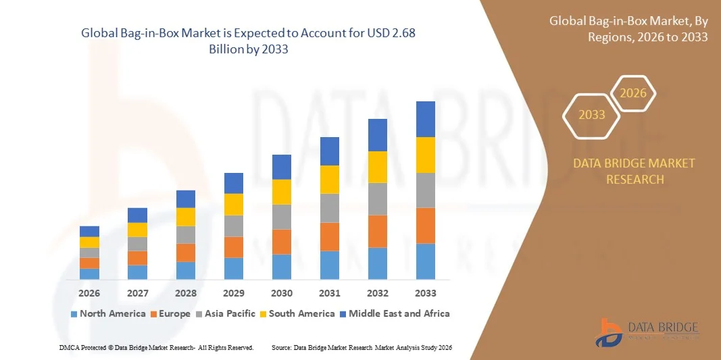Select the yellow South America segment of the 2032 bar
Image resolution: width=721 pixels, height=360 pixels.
click(377, 167)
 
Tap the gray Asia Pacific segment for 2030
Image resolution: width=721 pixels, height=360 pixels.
click(281, 217)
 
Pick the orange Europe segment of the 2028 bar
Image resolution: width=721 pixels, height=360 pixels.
click(185, 253)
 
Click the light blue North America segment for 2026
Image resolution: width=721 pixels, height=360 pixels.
click(89, 274)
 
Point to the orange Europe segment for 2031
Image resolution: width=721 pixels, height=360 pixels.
click(329, 236)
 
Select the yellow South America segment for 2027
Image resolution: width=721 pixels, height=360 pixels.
click(137, 230)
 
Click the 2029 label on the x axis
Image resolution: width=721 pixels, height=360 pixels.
click(233, 293)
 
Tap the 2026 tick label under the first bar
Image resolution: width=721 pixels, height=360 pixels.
click(89, 293)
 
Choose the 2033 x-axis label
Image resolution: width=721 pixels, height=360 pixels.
click(425, 293)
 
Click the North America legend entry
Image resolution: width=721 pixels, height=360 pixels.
click(108, 313)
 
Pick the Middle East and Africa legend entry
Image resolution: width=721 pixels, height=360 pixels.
click(395, 313)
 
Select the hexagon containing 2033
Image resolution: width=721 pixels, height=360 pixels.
click(592, 115)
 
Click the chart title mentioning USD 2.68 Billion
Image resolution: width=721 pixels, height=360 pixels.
click(253, 41)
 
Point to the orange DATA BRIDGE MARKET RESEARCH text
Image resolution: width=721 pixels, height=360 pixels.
click(634, 172)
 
